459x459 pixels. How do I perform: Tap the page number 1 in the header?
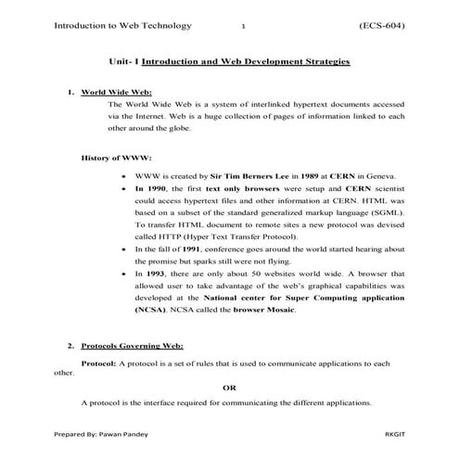pyautogui.click(x=242, y=27)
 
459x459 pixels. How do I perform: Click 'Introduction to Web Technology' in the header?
pyautogui.click(x=123, y=26)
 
